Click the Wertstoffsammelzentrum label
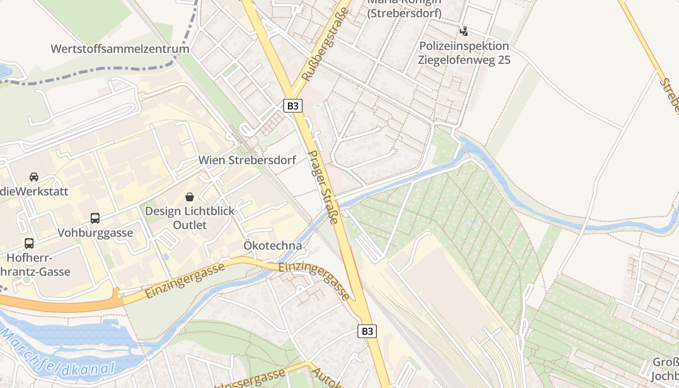click(120, 49)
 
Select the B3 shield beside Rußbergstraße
click(291, 106)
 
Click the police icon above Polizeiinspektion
click(464, 32)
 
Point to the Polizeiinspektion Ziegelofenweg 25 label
click(464, 53)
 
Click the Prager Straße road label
click(323, 187)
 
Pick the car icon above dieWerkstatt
click(34, 177)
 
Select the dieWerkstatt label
click(34, 191)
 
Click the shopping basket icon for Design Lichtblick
click(190, 197)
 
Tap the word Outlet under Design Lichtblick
click(190, 225)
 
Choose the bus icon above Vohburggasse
click(95, 218)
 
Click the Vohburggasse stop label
click(95, 233)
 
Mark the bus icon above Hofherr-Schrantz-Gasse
click(29, 243)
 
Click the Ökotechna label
click(273, 246)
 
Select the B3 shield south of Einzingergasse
click(367, 331)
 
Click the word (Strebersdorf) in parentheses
click(404, 14)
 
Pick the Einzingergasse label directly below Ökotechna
click(314, 281)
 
